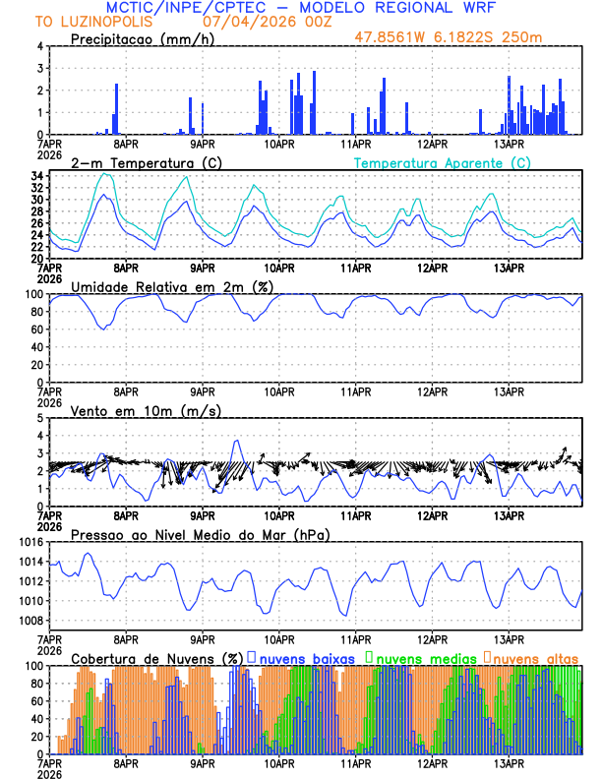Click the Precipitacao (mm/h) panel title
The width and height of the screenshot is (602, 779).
[x=145, y=39]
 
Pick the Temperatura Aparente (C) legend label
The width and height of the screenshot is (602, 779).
[x=443, y=162]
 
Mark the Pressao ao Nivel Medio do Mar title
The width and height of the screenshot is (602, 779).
[x=200, y=534]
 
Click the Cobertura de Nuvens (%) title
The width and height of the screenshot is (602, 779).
[x=157, y=658]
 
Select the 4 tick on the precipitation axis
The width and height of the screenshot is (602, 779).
[x=39, y=46]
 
